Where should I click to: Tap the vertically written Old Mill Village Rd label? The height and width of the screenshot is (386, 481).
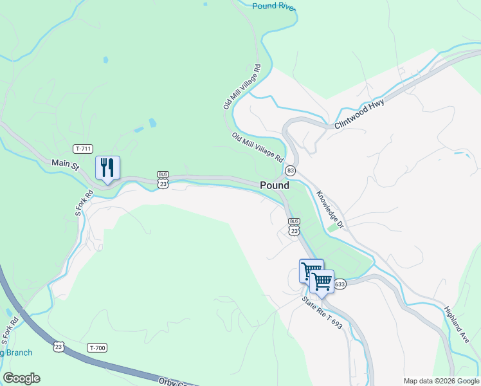pyautogui.click(x=241, y=86)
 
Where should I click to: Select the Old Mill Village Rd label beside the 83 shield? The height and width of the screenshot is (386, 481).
pyautogui.click(x=257, y=147)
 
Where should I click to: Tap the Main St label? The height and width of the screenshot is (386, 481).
pyautogui.click(x=64, y=165)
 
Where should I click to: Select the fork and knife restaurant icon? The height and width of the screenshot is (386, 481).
pyautogui.click(x=107, y=168)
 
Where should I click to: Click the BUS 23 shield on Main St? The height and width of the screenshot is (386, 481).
pyautogui.click(x=163, y=179)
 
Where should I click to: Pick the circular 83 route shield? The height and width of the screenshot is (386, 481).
pyautogui.click(x=291, y=170)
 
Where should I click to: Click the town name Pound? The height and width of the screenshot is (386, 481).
pyautogui.click(x=275, y=185)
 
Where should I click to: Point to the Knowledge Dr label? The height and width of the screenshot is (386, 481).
pyautogui.click(x=330, y=209)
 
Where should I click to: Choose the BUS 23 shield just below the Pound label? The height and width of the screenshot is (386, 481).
pyautogui.click(x=295, y=226)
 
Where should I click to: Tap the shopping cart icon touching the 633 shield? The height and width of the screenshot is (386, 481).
pyautogui.click(x=322, y=281)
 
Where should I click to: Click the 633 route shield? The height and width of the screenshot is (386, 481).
pyautogui.click(x=340, y=284)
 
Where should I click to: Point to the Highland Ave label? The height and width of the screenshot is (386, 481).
pyautogui.click(x=457, y=324)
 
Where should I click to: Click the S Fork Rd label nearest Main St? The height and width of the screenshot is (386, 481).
pyautogui.click(x=80, y=201)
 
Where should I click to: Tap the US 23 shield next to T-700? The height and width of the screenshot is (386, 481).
pyautogui.click(x=59, y=346)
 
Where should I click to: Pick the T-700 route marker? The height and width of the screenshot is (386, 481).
pyautogui.click(x=97, y=348)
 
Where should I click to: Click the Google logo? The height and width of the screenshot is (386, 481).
pyautogui.click(x=21, y=378)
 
